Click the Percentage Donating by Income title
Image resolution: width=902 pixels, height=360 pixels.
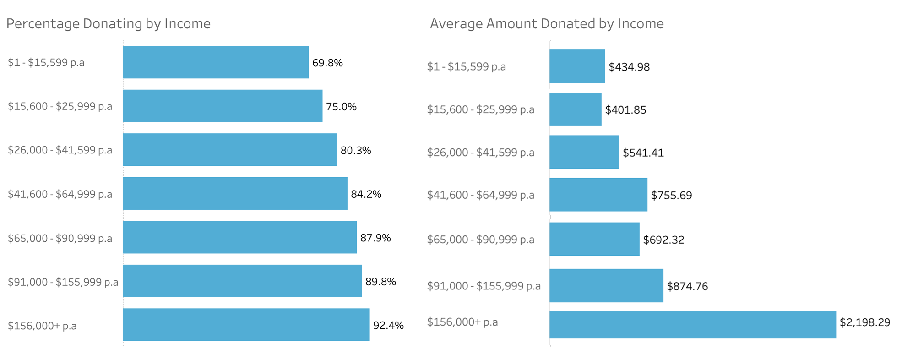point(109,24)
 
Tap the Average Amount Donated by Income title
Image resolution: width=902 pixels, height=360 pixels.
point(547,24)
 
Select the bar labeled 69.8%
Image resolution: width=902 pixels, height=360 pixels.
point(216,62)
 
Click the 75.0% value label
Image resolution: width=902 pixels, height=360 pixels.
point(341,107)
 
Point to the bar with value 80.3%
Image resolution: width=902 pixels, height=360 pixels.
point(230,150)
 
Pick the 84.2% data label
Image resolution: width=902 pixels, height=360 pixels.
point(366,194)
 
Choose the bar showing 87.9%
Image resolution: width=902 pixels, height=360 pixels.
point(239,237)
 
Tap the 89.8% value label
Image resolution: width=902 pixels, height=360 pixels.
point(380,282)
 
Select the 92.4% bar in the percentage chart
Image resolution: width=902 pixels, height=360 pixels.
point(246,325)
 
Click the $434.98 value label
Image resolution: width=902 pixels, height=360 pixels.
point(629,67)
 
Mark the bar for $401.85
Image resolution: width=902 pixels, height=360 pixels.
point(576,110)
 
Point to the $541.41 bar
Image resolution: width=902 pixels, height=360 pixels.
point(584,152)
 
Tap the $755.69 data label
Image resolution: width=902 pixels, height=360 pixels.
point(671,196)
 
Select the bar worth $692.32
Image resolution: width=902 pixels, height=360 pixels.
point(594,239)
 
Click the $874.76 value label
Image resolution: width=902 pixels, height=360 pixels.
point(687,286)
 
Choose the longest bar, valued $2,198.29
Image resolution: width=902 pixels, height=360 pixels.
point(692,325)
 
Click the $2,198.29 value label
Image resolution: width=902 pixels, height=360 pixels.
point(864,322)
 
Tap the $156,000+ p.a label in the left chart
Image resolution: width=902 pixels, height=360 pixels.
point(42,326)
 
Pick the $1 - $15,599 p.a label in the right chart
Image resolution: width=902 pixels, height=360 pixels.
point(466,67)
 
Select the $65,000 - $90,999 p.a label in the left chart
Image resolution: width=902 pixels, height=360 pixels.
point(60,238)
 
